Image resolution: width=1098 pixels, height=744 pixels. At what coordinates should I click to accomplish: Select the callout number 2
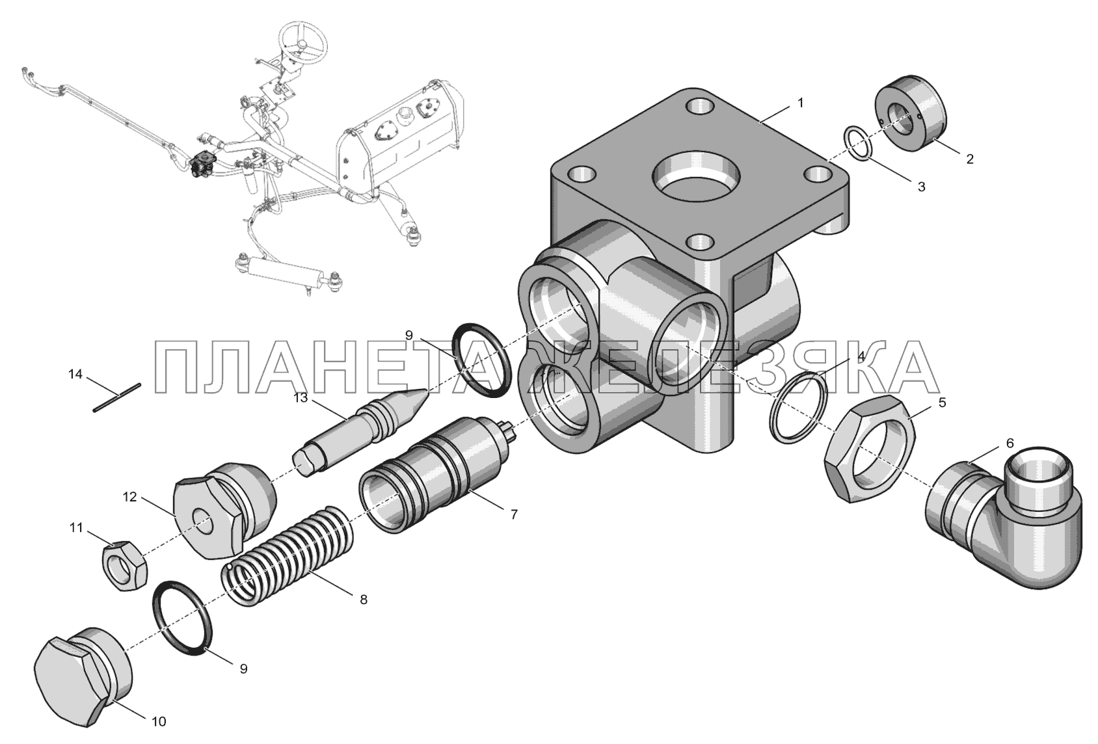[x=969, y=159]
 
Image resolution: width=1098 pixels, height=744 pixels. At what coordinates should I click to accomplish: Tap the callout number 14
[x=75, y=375]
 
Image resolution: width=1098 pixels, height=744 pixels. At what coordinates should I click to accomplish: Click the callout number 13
[x=301, y=397]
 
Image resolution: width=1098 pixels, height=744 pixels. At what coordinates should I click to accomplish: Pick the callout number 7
[x=514, y=514]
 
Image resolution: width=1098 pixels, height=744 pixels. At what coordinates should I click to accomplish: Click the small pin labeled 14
[x=117, y=397]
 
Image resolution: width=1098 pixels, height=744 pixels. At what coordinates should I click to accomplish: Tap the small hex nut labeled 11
[x=125, y=565]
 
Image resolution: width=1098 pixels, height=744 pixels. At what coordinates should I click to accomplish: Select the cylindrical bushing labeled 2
[x=911, y=114]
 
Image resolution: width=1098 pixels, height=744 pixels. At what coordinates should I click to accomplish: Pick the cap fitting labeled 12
[x=223, y=511]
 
